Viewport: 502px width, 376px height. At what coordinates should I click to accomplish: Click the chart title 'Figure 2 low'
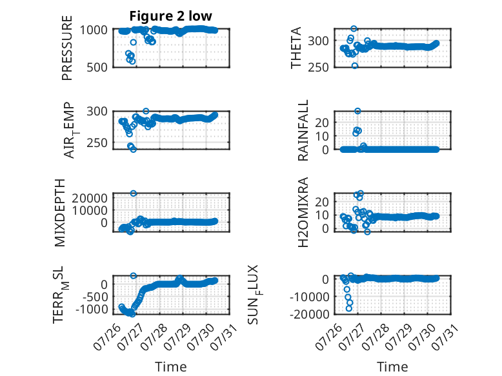pyautogui.click(x=170, y=16)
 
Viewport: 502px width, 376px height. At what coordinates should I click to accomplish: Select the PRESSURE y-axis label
pyautogui.click(x=67, y=48)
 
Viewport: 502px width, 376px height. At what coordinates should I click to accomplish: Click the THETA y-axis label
pyautogui.click(x=296, y=48)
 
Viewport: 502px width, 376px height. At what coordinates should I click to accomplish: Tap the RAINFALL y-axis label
pyautogui.click(x=303, y=130)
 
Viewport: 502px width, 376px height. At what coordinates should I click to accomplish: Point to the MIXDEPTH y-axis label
pyautogui.click(x=60, y=213)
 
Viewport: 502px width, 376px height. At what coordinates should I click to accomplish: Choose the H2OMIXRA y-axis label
pyautogui.click(x=303, y=212)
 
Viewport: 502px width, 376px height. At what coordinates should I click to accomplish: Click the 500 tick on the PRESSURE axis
pyautogui.click(x=97, y=67)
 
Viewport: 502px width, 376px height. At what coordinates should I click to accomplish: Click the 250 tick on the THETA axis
pyautogui.click(x=318, y=67)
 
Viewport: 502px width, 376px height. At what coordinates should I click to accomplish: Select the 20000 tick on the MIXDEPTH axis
pyautogui.click(x=90, y=198)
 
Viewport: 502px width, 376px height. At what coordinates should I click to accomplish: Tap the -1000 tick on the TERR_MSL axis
pyautogui.click(x=92, y=310)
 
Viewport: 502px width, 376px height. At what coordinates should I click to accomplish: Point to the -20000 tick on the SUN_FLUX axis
pyautogui.click(x=309, y=314)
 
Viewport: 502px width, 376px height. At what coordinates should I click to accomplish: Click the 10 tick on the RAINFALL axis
pyautogui.click(x=322, y=136)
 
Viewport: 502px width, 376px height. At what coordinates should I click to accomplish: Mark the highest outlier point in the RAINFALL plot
pyautogui.click(x=357, y=111)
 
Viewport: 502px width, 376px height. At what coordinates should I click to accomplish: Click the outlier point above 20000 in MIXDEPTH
pyautogui.click(x=134, y=193)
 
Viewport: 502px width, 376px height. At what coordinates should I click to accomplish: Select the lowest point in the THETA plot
pyautogui.click(x=355, y=66)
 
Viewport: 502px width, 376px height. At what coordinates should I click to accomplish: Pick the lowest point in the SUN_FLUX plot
pyautogui.click(x=348, y=308)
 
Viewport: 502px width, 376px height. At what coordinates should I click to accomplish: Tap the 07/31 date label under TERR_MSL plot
pyautogui.click(x=225, y=337)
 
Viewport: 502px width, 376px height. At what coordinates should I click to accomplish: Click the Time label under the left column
pyautogui.click(x=170, y=367)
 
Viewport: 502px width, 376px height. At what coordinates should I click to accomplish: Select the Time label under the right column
pyautogui.click(x=392, y=367)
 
